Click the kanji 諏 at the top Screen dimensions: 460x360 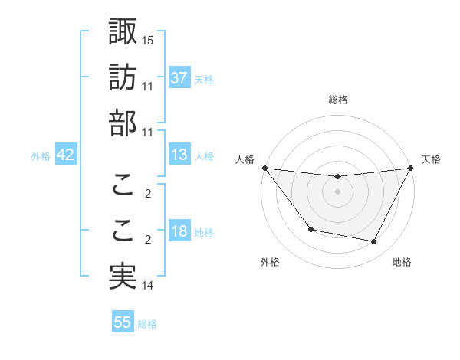tap(123, 32)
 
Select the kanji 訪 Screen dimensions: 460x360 tap(123, 77)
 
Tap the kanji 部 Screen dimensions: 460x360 tap(123, 123)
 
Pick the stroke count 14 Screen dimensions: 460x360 tap(149, 286)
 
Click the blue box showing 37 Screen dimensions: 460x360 tap(179, 78)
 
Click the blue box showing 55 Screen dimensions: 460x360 tap(123, 322)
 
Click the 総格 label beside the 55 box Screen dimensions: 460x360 tap(147, 324)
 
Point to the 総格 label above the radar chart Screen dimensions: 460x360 tap(337, 100)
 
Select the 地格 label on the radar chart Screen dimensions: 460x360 tap(402, 262)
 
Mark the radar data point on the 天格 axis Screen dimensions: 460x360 tap(410, 168)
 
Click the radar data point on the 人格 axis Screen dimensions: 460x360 tap(264, 168)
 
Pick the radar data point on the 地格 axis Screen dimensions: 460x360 tap(374, 242)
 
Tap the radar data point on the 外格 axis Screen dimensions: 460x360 tap(310, 229)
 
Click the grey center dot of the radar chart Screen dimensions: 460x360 tap(337, 191)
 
